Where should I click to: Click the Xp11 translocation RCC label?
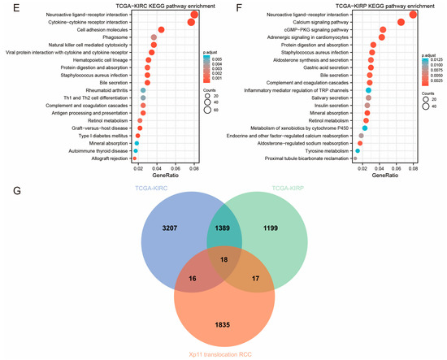pyautogui.click(x=222, y=355)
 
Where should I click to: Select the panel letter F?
pyautogui.click(x=228, y=6)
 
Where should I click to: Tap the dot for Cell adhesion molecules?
pyautogui.click(x=161, y=30)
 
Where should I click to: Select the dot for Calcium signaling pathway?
pyautogui.click(x=401, y=22)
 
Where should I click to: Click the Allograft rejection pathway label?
pyautogui.click(x=107, y=158)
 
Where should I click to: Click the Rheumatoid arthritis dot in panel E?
pyautogui.click(x=143, y=90)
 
